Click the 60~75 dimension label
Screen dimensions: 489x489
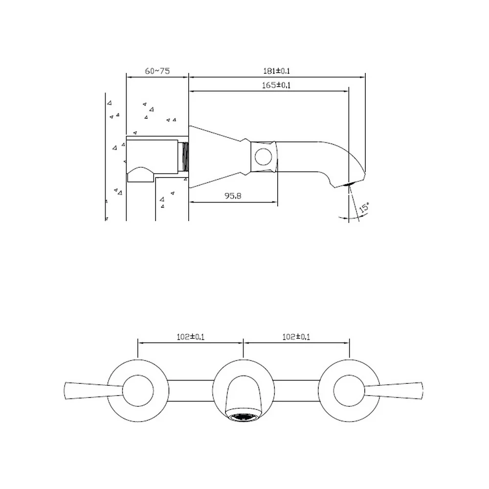point(157,71)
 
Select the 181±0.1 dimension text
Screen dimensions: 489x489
point(277,71)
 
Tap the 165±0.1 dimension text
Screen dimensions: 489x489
point(276,85)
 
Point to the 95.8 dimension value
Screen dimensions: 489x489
point(233,196)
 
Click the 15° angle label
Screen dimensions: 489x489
point(364,207)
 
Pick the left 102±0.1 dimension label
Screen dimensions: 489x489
point(191,337)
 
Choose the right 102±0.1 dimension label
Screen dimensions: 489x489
point(296,337)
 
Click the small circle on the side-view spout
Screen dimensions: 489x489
point(263,156)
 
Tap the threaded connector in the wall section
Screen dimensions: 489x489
point(185,157)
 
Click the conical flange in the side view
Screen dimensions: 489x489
point(215,157)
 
